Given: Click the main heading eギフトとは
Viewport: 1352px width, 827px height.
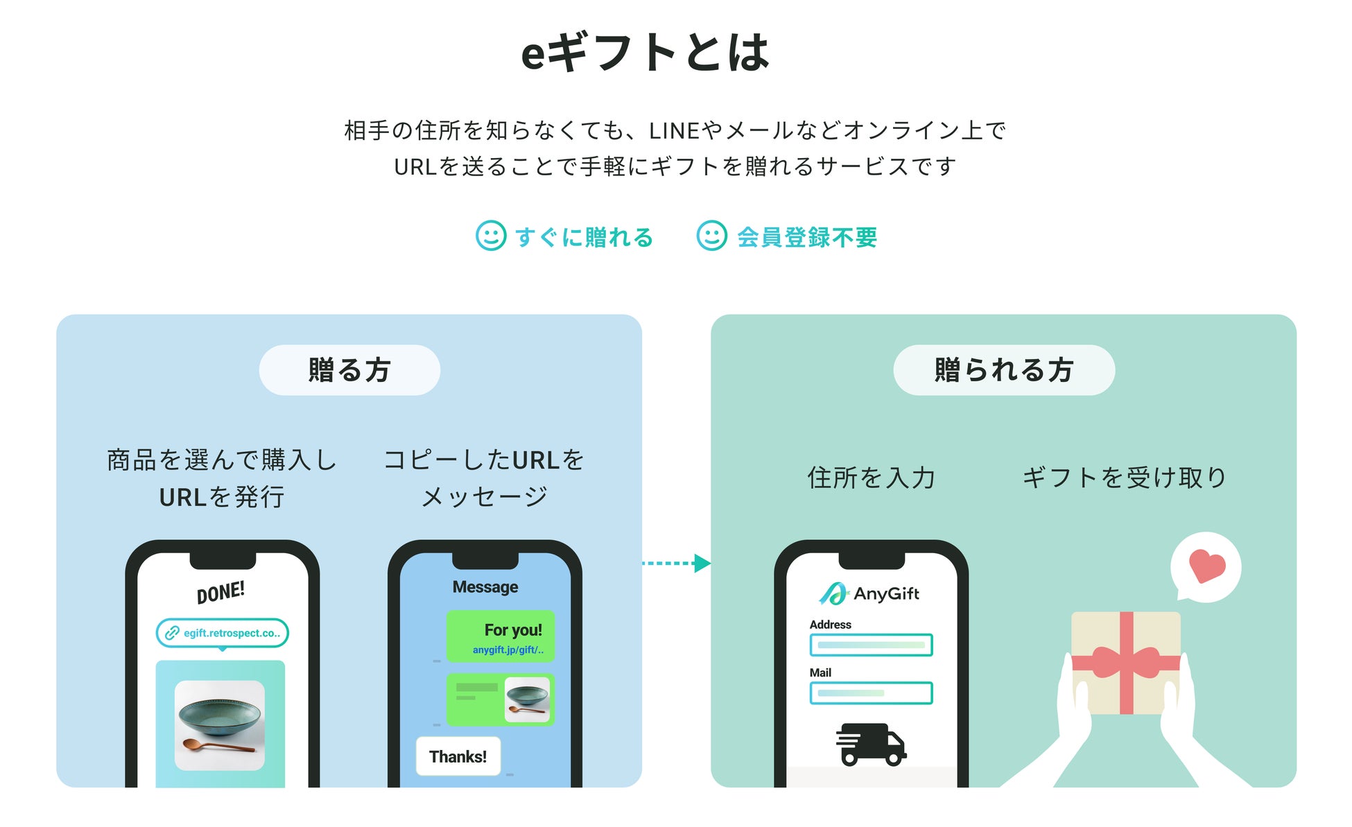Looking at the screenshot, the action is (x=645, y=53).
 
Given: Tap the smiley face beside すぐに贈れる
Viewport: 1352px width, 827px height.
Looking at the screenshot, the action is (x=490, y=236).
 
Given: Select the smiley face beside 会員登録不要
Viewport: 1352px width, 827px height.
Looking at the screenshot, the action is (x=711, y=236).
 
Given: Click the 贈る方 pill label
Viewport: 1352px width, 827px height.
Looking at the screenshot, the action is (x=349, y=370).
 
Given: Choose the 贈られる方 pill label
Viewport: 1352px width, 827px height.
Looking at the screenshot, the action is (x=1003, y=370).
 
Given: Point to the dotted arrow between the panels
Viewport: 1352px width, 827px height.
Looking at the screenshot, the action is (x=676, y=563).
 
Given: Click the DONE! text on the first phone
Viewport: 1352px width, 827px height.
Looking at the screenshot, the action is (x=220, y=593).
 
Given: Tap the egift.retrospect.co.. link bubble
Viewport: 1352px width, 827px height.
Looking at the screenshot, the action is (x=223, y=633).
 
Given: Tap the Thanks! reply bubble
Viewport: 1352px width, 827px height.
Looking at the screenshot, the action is (x=458, y=756).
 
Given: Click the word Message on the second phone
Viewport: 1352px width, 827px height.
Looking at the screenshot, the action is (x=485, y=587).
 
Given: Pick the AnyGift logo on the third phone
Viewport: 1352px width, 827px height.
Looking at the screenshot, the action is (x=869, y=593).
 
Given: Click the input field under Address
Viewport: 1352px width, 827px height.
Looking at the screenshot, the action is (x=871, y=645).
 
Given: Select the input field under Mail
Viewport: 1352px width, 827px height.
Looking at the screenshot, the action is (x=871, y=693).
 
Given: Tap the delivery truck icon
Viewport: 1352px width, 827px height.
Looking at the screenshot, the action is (x=871, y=745).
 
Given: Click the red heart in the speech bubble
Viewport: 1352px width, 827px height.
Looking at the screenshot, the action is (x=1206, y=566).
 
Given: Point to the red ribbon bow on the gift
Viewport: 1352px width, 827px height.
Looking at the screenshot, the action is (x=1126, y=663).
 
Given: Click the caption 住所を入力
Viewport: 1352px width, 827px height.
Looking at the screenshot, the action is (x=872, y=478).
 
